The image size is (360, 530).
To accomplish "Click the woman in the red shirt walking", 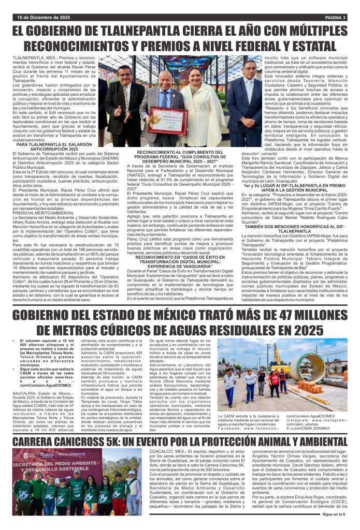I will click(275, 382).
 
